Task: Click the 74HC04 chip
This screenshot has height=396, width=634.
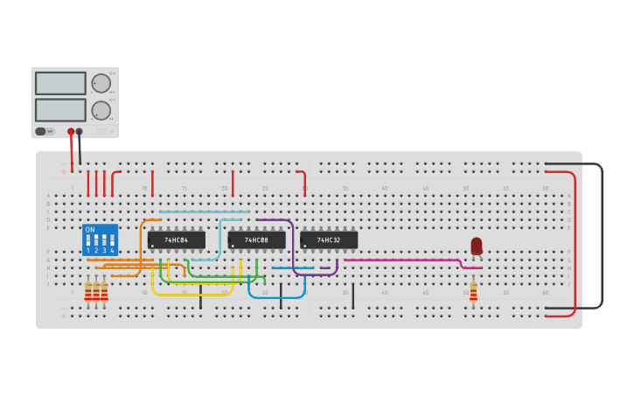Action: tap(177, 240)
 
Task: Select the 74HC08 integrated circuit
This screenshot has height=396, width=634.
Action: tap(256, 240)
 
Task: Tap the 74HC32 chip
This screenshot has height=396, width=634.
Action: tap(329, 240)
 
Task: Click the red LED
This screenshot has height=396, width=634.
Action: tap(477, 246)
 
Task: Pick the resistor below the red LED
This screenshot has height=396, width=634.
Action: tap(473, 291)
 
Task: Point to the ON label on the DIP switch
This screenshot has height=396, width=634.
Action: tap(90, 230)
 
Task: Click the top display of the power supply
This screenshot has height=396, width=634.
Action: tap(60, 83)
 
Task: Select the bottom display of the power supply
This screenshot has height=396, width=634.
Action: tap(60, 110)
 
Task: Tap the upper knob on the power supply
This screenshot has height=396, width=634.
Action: tap(101, 83)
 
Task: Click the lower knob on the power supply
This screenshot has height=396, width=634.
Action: tap(101, 110)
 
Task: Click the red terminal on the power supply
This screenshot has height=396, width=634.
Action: tap(71, 132)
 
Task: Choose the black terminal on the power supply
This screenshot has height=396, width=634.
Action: tap(80, 132)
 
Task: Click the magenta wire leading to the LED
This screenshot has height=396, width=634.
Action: tap(402, 260)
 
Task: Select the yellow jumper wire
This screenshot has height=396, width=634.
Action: tap(192, 294)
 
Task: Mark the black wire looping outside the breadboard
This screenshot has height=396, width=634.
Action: tap(602, 236)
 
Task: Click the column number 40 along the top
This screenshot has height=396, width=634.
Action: tap(385, 188)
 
